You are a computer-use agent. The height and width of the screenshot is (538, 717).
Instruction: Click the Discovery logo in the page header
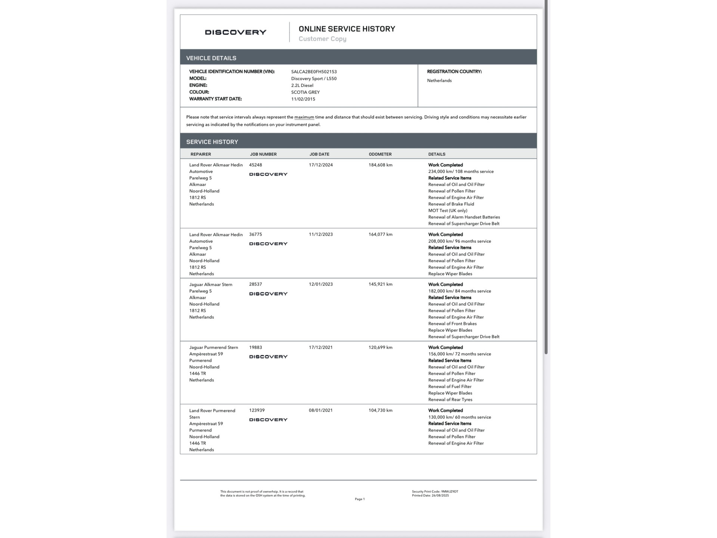(235, 32)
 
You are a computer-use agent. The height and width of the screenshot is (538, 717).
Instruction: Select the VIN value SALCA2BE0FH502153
(314, 71)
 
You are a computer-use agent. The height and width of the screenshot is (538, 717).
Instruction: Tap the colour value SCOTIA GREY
(305, 92)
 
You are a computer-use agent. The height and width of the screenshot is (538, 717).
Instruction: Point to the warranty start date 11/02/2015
(303, 99)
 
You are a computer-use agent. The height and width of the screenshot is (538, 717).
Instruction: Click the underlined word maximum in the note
(304, 117)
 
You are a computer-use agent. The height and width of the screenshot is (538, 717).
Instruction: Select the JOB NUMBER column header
(263, 154)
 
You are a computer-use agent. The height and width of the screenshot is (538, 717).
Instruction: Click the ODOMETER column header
(380, 154)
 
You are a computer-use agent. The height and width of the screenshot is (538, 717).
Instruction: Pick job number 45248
(255, 165)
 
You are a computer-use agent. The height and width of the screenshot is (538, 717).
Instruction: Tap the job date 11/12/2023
(320, 234)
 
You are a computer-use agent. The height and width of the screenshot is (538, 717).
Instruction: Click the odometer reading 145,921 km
(380, 284)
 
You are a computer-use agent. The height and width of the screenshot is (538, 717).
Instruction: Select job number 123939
(257, 410)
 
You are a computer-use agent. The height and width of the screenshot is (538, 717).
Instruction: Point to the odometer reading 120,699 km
(380, 347)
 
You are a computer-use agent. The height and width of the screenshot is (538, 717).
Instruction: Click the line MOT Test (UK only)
(447, 210)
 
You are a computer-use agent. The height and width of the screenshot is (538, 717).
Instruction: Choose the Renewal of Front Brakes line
(452, 324)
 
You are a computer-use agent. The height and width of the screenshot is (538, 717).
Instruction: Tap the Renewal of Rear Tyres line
(450, 399)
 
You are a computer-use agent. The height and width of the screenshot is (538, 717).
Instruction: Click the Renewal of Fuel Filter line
(450, 386)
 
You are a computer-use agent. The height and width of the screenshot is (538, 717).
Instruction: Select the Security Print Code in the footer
(435, 492)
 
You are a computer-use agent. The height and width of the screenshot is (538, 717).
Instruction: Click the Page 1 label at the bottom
(360, 499)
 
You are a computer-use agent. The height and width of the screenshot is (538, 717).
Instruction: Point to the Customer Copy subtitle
(322, 39)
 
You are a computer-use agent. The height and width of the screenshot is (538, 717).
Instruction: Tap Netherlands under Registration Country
(439, 80)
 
